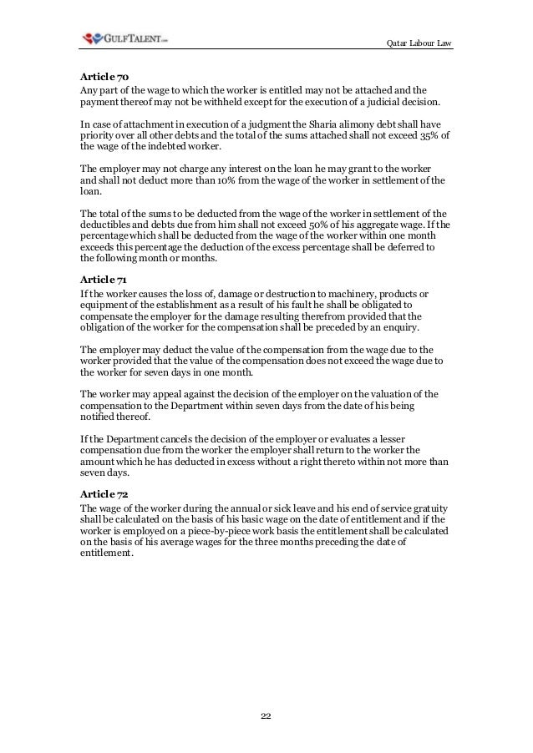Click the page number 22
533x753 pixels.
(266, 715)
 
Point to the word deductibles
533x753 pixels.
(107, 225)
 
